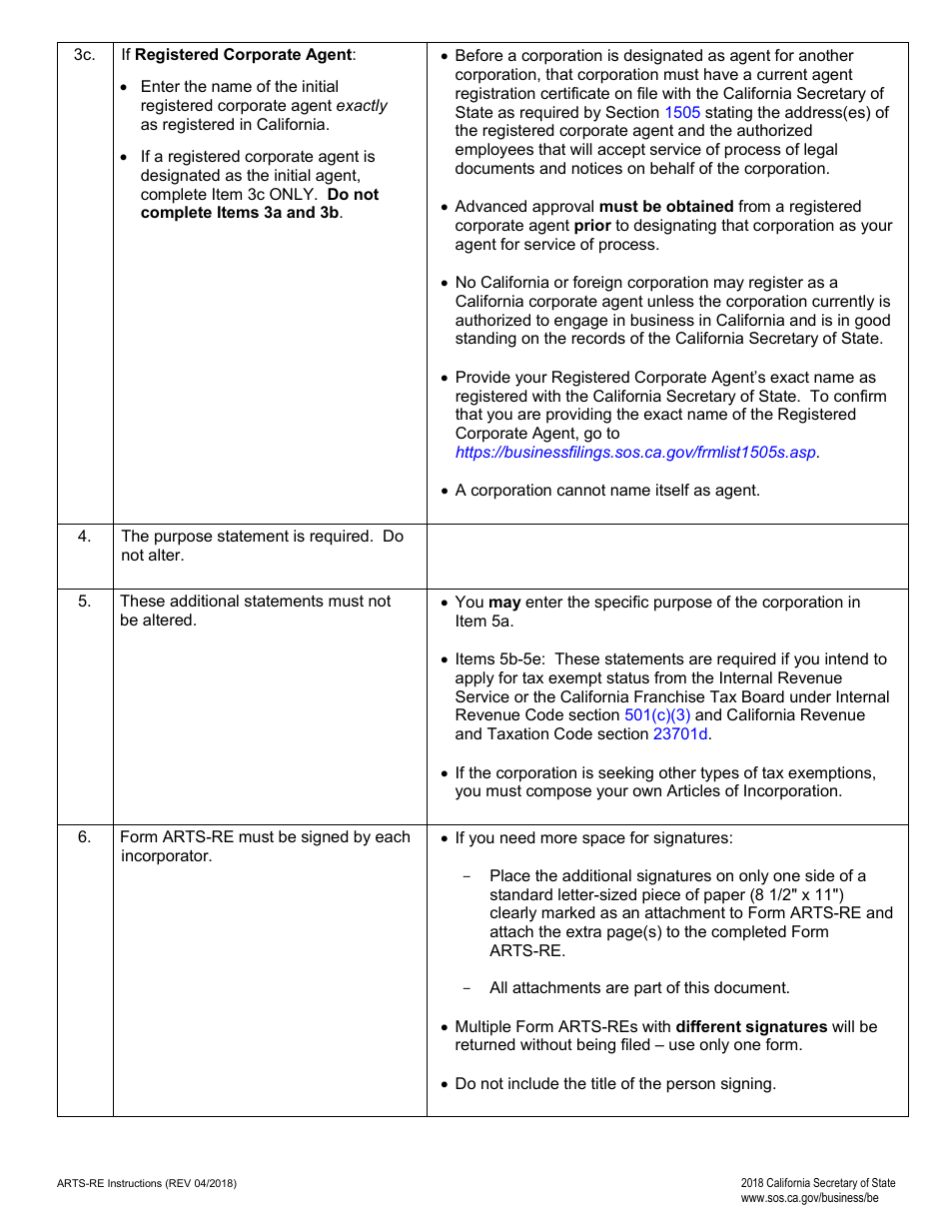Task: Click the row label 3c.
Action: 85,55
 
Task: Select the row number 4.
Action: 85,537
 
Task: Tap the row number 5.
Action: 85,602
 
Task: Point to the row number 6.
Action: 85,837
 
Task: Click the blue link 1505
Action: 682,112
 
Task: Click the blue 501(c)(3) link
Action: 656,715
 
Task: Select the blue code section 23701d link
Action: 680,734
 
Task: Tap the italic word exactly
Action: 362,106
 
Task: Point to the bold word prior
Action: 592,226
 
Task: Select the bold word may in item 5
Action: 504,603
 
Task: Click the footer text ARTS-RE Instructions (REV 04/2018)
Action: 147,1183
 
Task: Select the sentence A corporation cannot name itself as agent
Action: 607,491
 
